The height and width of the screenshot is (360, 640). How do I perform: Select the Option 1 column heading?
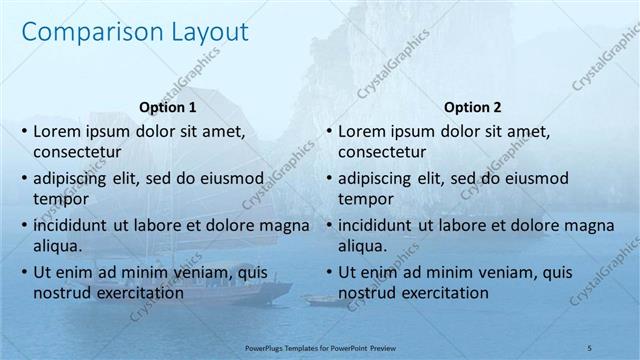point(166,108)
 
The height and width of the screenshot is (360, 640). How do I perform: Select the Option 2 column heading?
point(473,108)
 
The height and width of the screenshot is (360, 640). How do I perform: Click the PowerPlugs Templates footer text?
point(321,346)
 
